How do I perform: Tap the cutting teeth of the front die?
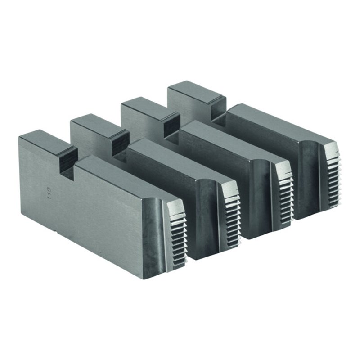pos(179,238)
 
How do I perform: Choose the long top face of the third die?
pos(225,139)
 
